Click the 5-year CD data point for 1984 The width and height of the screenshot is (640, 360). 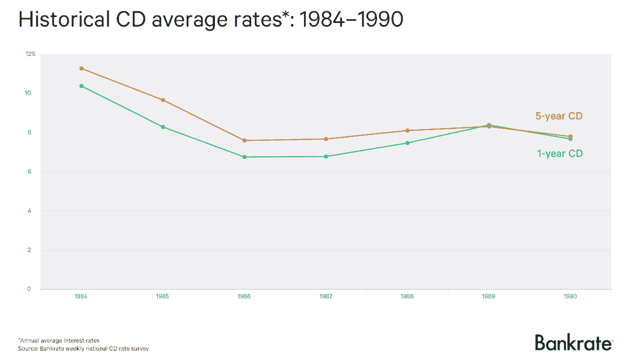82,68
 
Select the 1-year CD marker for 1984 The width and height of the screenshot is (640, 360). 82,86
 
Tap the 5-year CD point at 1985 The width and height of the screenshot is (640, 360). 163,100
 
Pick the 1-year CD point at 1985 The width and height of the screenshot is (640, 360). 163,127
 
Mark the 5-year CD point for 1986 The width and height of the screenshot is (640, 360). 244,140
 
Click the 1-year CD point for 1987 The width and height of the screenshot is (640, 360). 326,156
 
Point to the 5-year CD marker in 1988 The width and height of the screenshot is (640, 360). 407,130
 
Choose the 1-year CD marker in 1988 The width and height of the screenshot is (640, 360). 407,143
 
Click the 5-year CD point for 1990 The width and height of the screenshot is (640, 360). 570,137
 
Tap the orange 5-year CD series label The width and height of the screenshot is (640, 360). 559,116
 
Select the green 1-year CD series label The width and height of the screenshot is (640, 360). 560,154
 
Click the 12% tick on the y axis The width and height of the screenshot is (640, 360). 31,54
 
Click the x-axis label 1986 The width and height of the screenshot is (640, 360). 244,297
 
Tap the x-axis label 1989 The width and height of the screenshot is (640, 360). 489,297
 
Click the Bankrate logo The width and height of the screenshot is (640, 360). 573,342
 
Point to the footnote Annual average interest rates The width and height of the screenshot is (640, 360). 59,340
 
